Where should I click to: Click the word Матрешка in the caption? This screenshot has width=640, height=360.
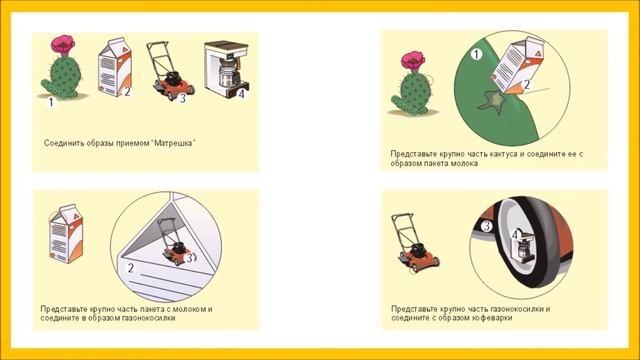point(173,143)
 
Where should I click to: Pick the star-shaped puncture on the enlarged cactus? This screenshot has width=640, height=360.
point(492,101)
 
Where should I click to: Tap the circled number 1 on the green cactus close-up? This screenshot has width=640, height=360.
point(476,54)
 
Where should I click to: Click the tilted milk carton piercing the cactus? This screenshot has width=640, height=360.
point(518,65)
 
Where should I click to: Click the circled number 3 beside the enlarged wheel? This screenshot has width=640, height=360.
point(487,226)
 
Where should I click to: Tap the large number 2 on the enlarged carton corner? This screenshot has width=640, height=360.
point(131,268)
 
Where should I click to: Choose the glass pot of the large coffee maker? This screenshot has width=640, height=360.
point(227,73)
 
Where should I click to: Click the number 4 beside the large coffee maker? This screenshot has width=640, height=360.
point(241,93)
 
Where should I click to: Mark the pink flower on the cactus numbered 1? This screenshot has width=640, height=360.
point(62,44)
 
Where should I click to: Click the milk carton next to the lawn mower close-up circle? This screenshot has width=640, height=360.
point(66,234)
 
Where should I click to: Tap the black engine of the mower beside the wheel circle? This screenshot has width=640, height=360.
point(420,248)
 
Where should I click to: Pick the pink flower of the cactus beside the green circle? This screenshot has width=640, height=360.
point(413,61)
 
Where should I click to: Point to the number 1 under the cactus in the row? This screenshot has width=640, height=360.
point(51,102)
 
